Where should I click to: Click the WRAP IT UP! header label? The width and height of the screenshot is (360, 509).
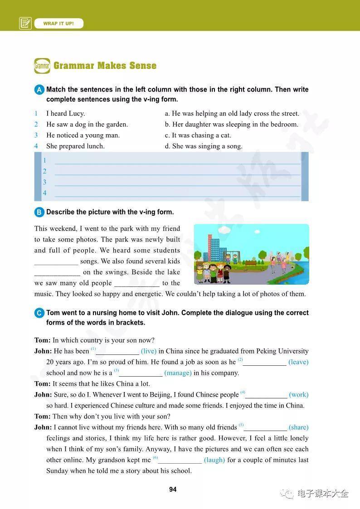click(58, 24)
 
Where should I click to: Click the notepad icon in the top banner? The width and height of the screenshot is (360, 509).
click(25, 23)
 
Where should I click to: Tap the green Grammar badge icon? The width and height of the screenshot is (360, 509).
click(42, 66)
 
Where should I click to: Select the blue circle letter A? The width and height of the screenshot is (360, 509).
click(39, 90)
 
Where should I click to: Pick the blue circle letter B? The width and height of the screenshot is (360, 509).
click(39, 212)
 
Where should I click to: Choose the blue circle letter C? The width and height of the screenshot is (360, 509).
click(39, 313)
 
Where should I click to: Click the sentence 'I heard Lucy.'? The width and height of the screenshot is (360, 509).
click(65, 114)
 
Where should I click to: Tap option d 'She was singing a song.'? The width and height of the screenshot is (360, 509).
click(204, 146)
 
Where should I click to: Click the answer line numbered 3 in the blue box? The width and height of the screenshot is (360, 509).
click(177, 183)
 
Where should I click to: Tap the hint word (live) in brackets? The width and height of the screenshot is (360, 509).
click(149, 351)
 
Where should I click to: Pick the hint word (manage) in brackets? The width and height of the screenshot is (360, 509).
click(178, 373)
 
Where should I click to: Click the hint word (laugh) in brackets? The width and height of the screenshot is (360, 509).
click(214, 460)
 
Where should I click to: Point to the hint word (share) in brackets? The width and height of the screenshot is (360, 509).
click(298, 427)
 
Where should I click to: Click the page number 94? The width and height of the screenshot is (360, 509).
click(173, 490)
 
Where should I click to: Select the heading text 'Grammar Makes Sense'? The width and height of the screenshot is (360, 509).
click(105, 66)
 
